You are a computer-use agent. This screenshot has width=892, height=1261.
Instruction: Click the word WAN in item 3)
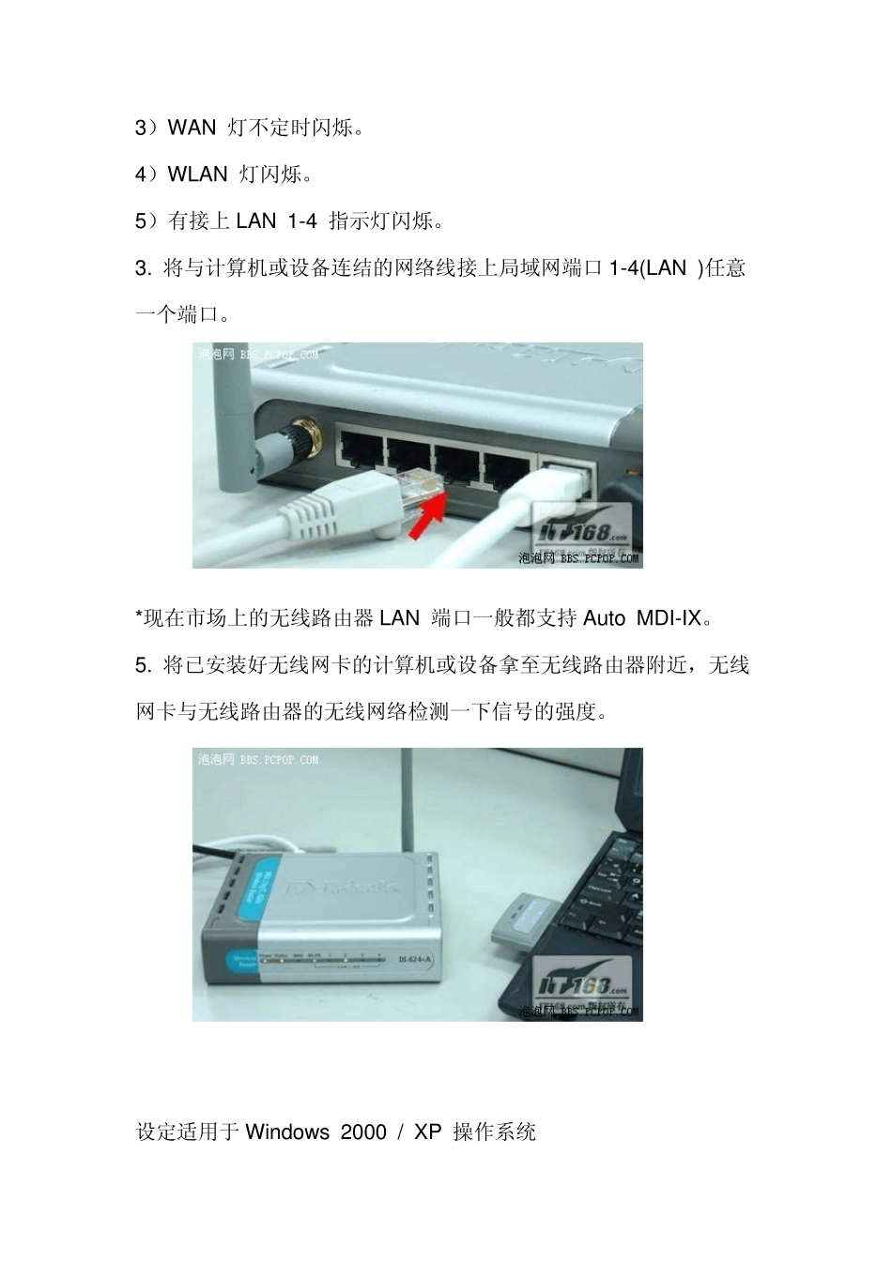pos(192,128)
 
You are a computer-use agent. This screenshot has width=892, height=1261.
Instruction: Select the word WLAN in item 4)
pos(197,175)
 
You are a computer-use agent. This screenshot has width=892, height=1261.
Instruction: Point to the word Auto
pos(604,618)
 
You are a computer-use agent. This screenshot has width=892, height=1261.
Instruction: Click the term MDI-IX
pos(669,618)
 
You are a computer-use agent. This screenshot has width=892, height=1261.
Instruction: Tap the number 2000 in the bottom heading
pos(363,1132)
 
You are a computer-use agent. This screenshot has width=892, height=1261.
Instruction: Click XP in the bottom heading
pos(427,1132)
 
